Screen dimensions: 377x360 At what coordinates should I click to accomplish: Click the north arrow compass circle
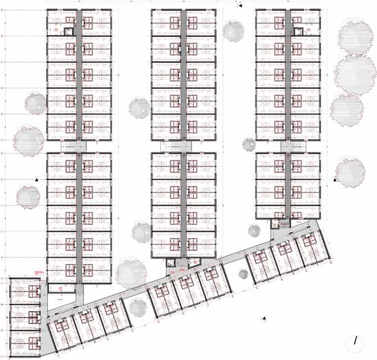[x=355, y=343]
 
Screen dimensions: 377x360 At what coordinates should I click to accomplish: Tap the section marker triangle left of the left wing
[x=37, y=180]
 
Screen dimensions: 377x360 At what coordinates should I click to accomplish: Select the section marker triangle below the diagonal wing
[x=264, y=318]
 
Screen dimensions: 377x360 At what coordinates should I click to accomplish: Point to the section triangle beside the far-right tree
[x=336, y=180]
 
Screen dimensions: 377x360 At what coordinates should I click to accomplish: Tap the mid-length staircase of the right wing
[x=288, y=146]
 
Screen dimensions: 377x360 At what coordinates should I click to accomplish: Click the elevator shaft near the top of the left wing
[x=69, y=30]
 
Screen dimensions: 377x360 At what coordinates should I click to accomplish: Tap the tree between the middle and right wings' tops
[x=233, y=31]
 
